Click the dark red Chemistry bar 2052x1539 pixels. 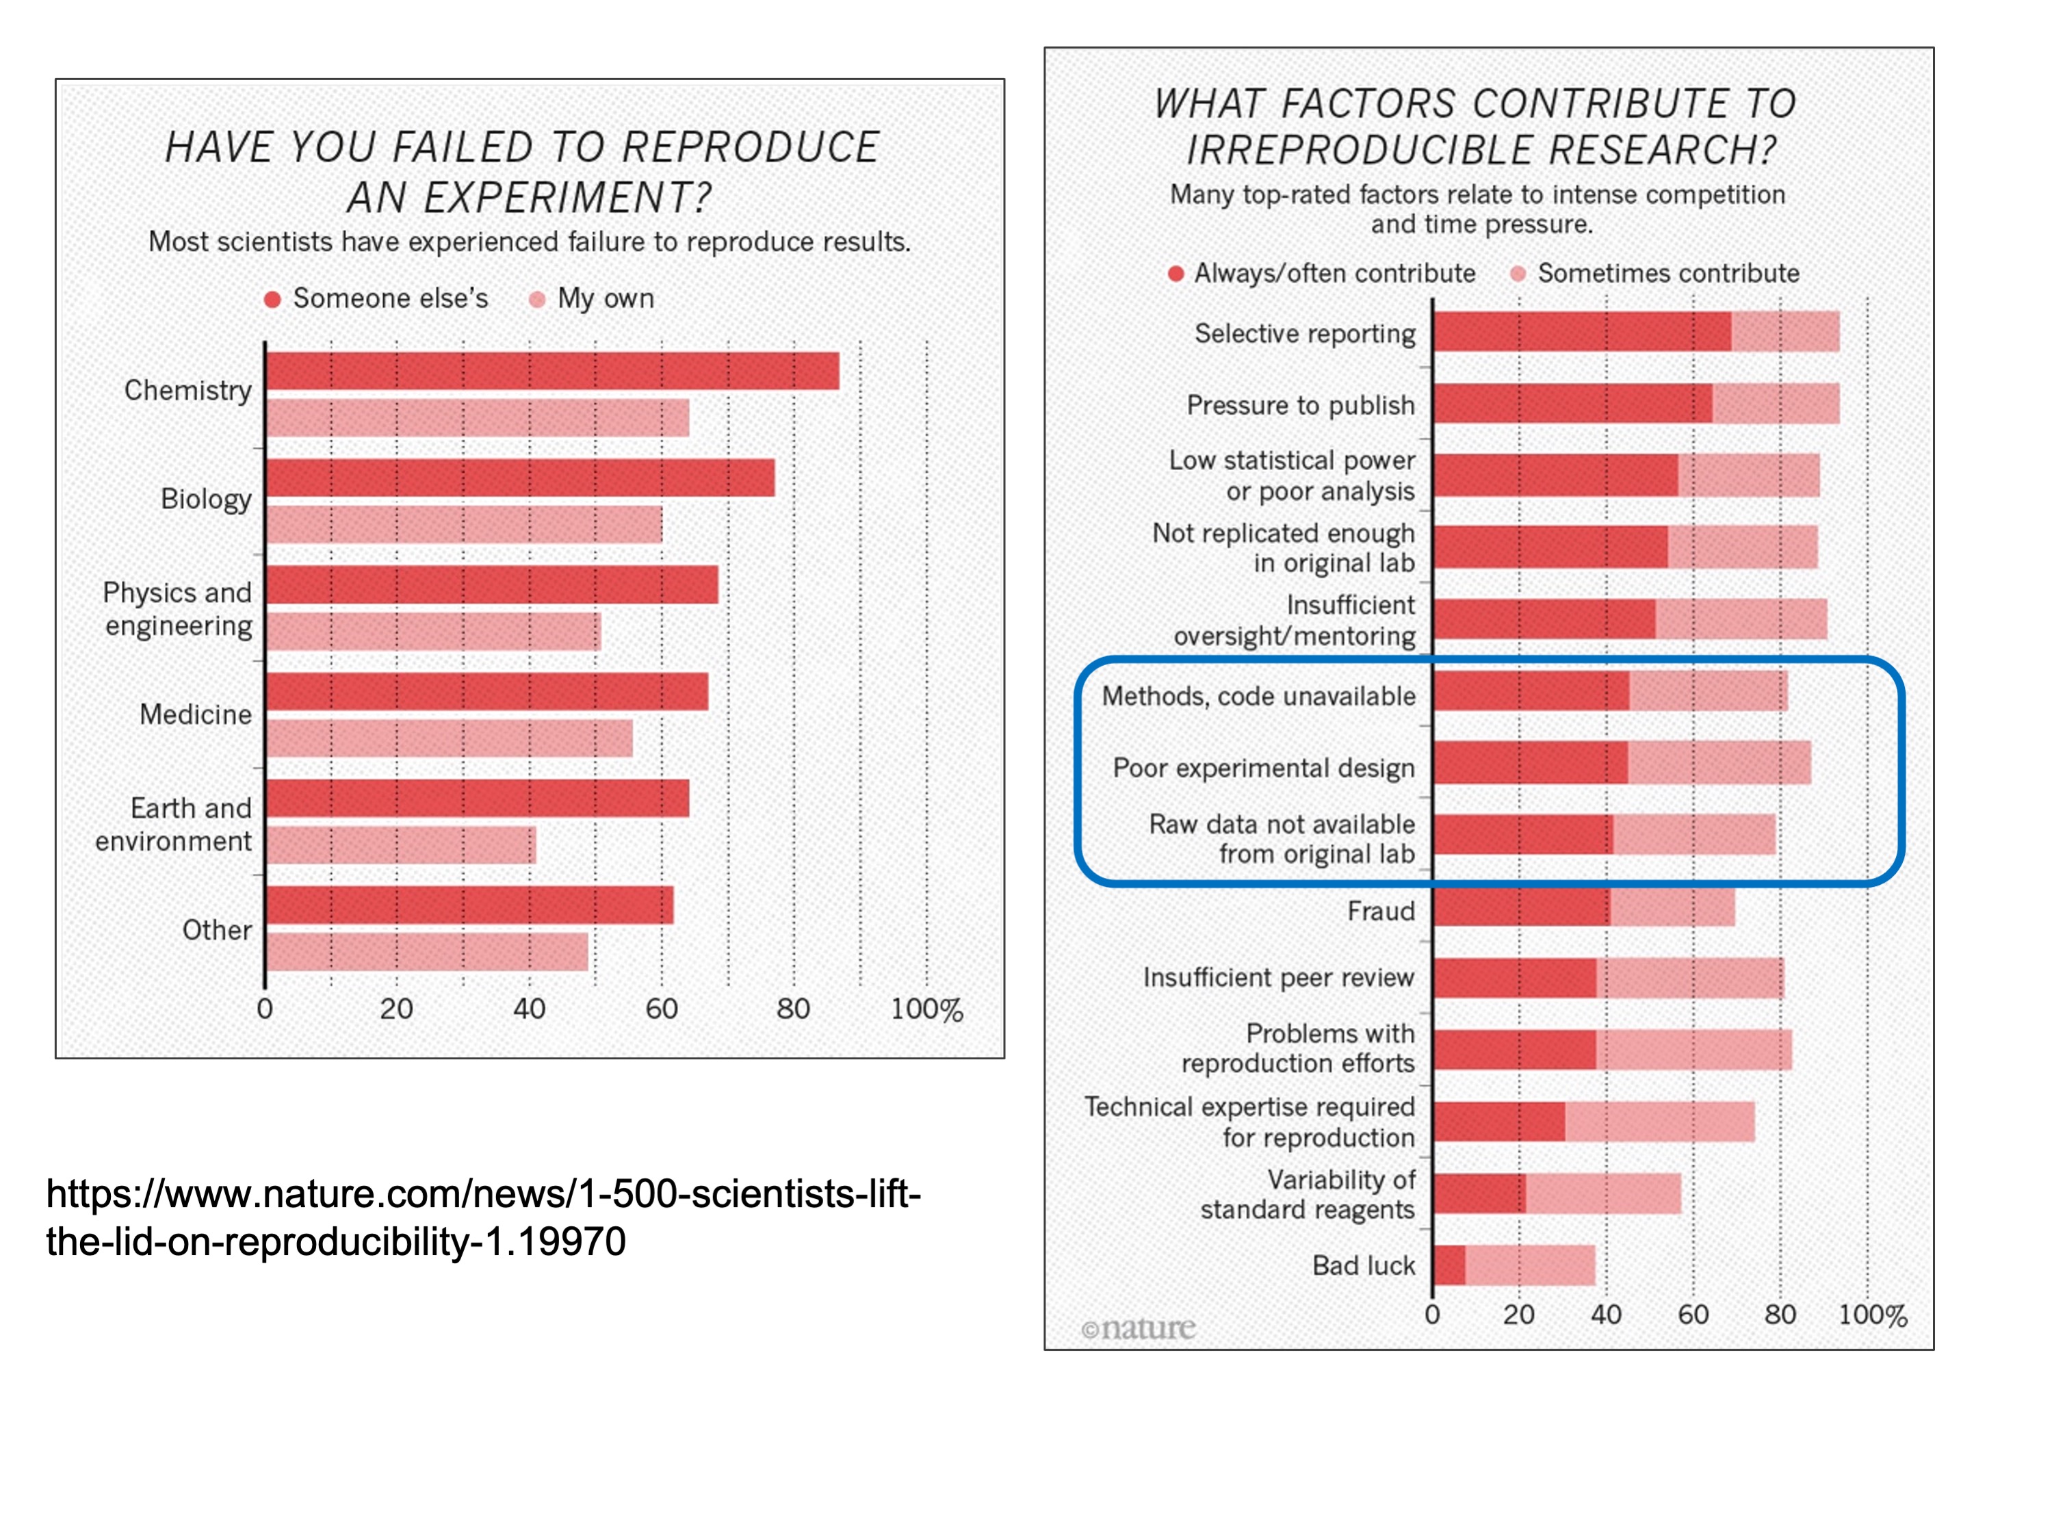point(552,371)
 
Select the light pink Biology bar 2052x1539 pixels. point(464,524)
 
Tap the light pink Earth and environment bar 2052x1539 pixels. point(401,845)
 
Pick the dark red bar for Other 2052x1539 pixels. point(469,905)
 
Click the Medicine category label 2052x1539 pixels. point(196,714)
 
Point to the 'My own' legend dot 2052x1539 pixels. point(537,300)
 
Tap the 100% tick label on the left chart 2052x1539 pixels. point(926,1009)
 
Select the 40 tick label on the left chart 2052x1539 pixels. point(529,1009)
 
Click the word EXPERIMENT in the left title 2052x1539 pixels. point(529,198)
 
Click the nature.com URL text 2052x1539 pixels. point(482,1217)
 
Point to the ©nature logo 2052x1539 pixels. point(1139,1328)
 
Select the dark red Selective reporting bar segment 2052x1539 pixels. point(1582,332)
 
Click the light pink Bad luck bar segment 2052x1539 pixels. point(1530,1265)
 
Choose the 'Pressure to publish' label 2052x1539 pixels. point(1301,405)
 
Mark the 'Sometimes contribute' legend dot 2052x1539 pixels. point(1518,274)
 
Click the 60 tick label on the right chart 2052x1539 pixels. point(1693,1315)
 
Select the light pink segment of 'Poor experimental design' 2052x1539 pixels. point(1719,762)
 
